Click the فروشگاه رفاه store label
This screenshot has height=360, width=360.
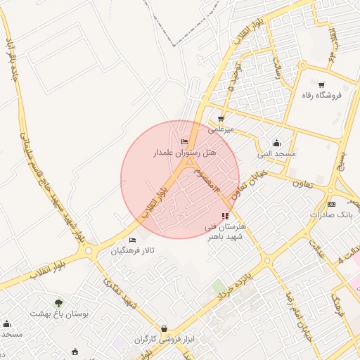321,95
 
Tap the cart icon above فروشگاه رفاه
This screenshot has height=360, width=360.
321,84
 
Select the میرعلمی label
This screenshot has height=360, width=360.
221,129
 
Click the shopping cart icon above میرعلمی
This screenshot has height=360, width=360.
221,119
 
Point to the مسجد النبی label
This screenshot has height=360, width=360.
276,153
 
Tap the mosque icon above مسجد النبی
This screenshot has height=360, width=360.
276,142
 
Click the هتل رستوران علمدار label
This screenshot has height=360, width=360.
186,152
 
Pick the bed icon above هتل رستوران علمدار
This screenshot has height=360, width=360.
185,142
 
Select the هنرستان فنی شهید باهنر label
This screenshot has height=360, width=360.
224,233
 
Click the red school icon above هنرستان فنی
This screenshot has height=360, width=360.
224,216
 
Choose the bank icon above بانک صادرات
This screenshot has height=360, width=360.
331,204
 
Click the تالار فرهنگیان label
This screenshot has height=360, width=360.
131,251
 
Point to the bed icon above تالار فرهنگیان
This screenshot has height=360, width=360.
132,240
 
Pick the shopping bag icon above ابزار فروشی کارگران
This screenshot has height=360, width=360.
164,328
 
